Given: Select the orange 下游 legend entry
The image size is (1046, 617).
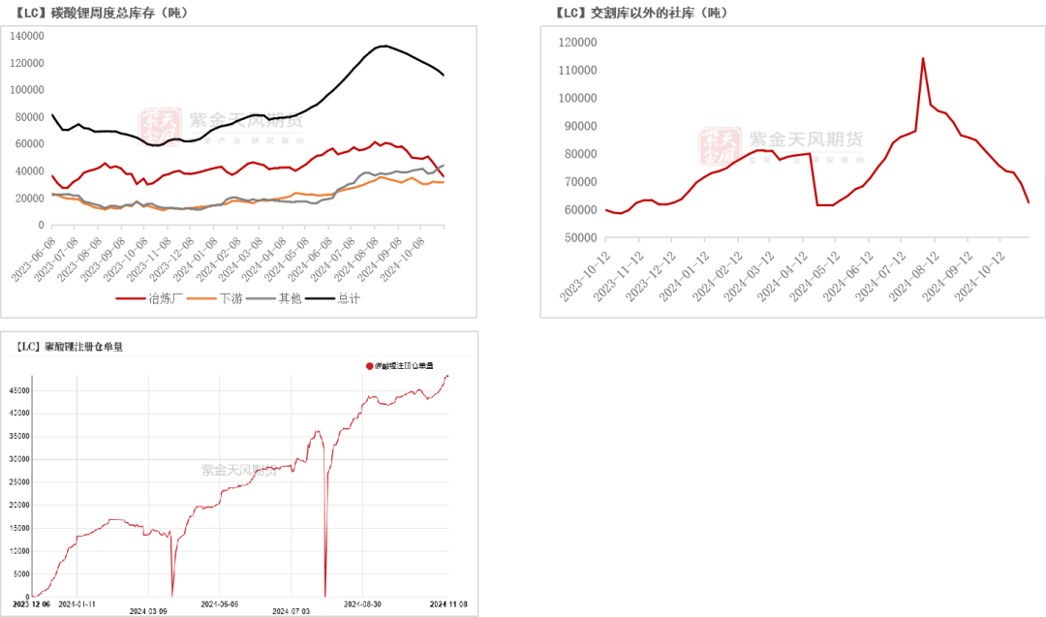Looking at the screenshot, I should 222,298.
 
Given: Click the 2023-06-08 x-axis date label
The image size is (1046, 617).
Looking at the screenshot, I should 37,258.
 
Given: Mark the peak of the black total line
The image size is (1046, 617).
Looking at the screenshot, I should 385,46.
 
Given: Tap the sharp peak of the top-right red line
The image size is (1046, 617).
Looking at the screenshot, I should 922,58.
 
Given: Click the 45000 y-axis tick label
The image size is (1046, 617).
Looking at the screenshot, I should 18,391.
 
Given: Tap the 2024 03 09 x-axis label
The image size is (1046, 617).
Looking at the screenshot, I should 148,610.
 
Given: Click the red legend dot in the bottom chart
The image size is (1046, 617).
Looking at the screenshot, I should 369,365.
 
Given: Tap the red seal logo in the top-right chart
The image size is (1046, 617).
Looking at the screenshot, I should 719,146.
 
